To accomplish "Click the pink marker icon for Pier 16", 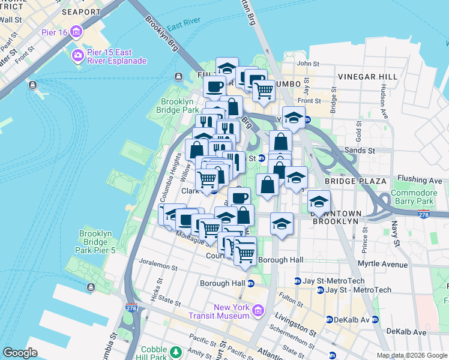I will point(76,31).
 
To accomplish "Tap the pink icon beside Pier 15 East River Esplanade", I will point(77,56).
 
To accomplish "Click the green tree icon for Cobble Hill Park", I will point(176,351).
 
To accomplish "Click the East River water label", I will point(184,28).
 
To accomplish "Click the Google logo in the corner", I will point(20,352).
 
